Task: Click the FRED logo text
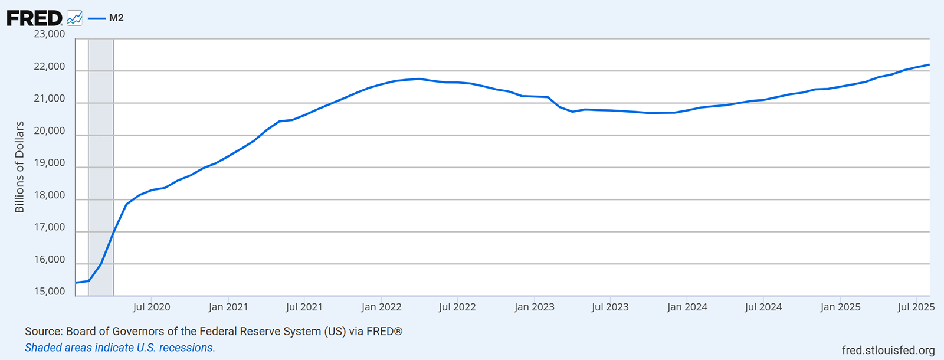[x=34, y=18]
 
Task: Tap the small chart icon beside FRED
[x=74, y=18]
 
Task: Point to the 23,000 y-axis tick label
[x=50, y=34]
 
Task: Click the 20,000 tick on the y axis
[x=50, y=131]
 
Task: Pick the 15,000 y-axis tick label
[x=50, y=292]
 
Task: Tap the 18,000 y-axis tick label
[x=50, y=195]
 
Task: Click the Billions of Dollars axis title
[x=19, y=167]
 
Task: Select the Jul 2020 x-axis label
[x=152, y=307]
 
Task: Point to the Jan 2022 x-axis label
[x=381, y=307]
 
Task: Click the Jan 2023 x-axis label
[x=534, y=307]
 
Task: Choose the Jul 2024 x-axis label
[x=763, y=307]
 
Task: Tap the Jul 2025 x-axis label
[x=916, y=307]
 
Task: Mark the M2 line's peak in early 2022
[x=419, y=78]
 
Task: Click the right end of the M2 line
[x=929, y=65]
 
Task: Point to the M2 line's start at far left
[x=77, y=283]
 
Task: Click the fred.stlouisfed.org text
[x=888, y=351]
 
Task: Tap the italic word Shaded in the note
[x=43, y=348]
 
